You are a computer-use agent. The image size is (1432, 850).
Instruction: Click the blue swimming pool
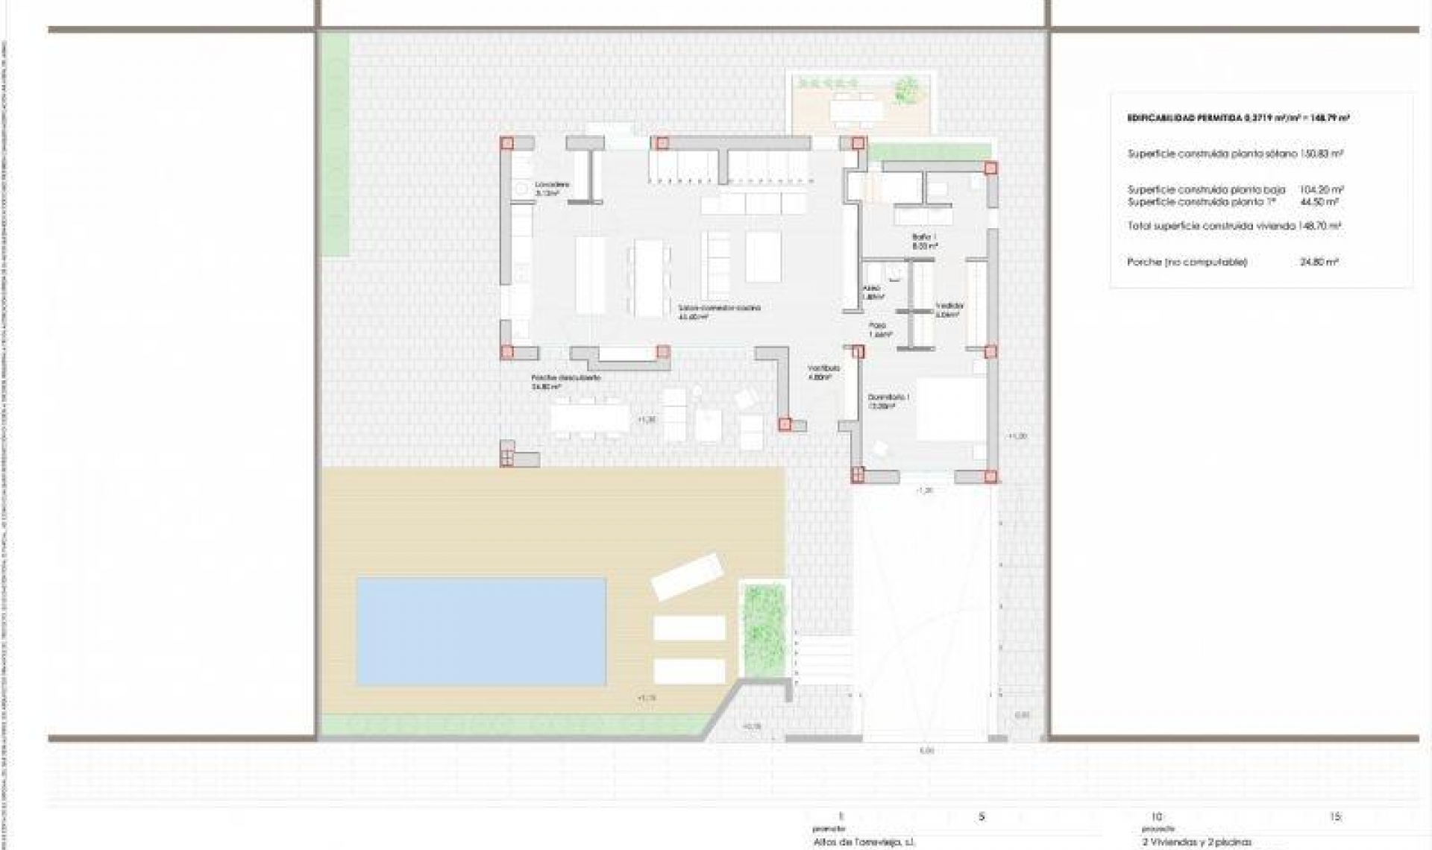[x=481, y=631]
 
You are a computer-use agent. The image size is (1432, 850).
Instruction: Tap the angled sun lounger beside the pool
[x=687, y=575]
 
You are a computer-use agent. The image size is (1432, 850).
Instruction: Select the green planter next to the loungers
[x=764, y=628]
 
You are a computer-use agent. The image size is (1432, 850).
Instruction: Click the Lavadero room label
[x=552, y=185]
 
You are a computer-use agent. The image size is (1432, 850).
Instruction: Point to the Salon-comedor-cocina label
[x=719, y=308]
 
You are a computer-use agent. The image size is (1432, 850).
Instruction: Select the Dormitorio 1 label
[x=888, y=398]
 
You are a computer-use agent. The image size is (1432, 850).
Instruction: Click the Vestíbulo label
[x=823, y=368]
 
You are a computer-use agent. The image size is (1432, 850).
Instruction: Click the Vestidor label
[x=949, y=306]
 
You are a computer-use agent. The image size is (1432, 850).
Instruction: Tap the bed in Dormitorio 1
[x=950, y=409]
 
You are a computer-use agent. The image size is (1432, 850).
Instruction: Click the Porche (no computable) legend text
[x=1187, y=262]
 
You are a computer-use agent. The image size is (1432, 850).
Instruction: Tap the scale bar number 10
[x=1156, y=816]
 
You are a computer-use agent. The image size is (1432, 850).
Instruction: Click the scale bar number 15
[x=1335, y=816]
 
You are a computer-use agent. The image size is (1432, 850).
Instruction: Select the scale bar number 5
[x=982, y=816]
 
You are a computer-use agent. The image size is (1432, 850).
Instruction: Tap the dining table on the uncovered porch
[x=590, y=418]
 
